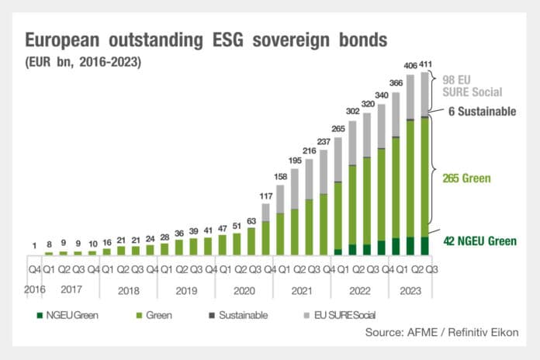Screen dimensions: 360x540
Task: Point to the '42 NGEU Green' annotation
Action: (x=479, y=241)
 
